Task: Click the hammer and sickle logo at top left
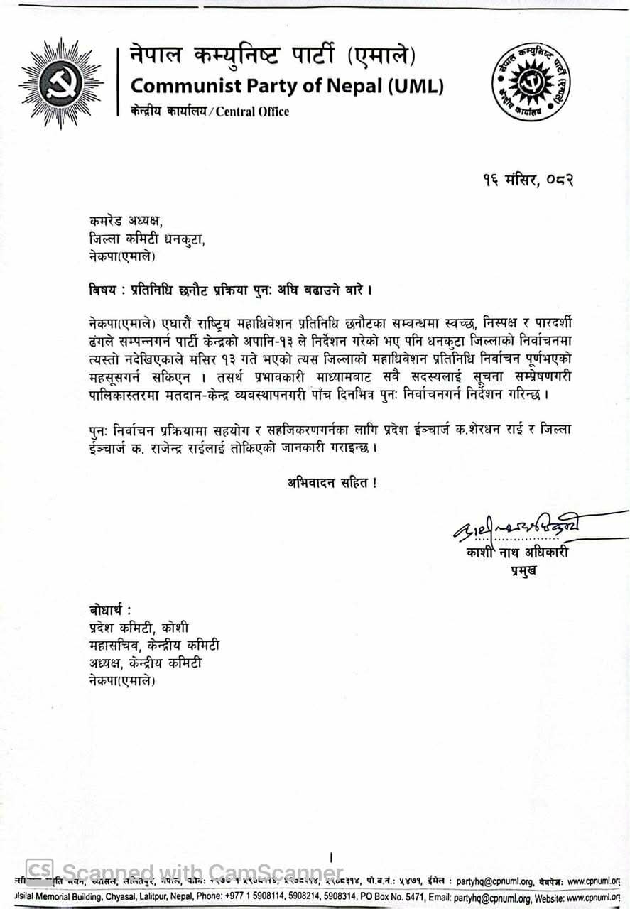click(61, 83)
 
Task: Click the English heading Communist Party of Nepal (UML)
click(288, 87)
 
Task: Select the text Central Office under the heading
click(253, 111)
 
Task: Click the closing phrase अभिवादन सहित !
click(332, 483)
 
